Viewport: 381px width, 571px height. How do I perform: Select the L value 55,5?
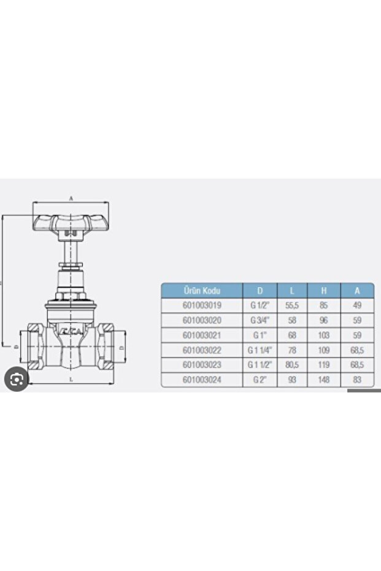292,305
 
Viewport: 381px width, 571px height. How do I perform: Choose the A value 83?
358,380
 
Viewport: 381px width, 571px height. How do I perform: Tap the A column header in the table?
358,290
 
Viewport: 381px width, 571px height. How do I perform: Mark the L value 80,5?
292,365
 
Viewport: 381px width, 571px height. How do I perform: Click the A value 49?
358,305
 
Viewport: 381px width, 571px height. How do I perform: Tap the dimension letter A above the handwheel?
71,199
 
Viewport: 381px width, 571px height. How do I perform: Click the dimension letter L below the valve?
72,380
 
